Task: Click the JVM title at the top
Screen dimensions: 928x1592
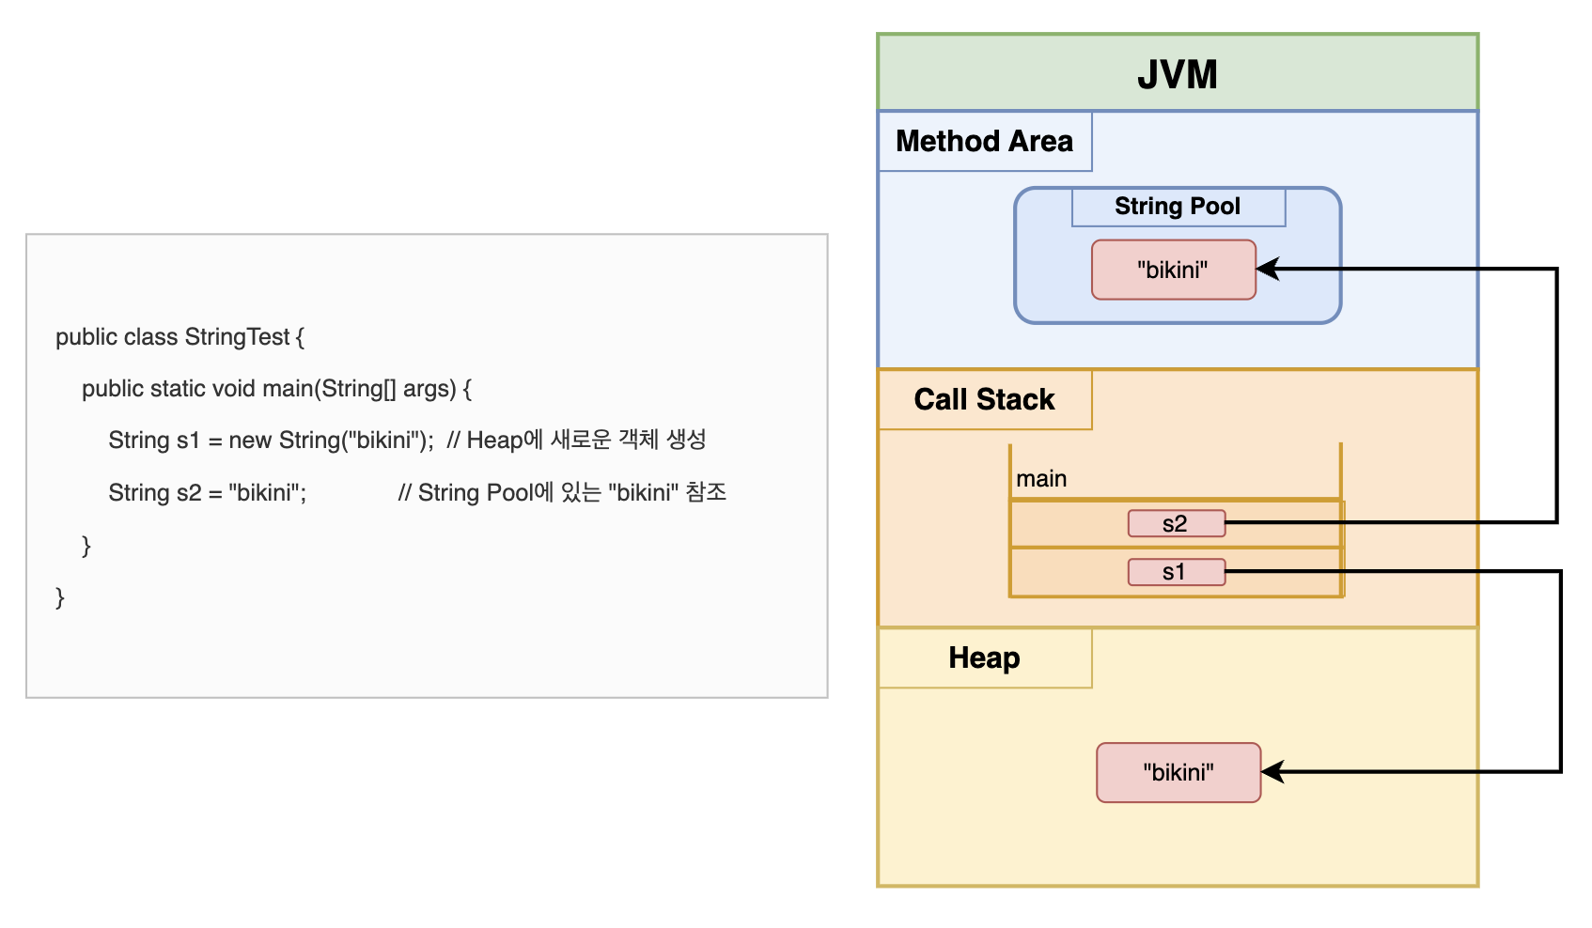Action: (x=1177, y=74)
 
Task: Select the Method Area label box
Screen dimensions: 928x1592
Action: (x=984, y=141)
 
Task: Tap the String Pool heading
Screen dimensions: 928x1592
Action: (x=1177, y=207)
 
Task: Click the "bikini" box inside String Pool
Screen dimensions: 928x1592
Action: (x=1173, y=270)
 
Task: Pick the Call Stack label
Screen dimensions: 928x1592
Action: (x=984, y=399)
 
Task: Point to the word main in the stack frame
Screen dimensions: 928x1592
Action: (x=1040, y=479)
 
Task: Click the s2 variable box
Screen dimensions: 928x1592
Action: (x=1176, y=524)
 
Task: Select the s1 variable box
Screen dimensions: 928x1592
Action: (x=1176, y=572)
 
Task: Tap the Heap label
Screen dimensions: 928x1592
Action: (x=984, y=657)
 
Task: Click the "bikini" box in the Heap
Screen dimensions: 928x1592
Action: (x=1178, y=772)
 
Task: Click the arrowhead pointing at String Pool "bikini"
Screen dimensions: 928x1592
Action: (x=1268, y=270)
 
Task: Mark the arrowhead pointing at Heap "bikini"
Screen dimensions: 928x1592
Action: (x=1272, y=772)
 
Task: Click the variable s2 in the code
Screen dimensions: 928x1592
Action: (x=189, y=493)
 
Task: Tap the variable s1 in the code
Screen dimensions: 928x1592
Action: (x=189, y=441)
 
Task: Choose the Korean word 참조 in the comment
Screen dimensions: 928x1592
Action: (x=706, y=492)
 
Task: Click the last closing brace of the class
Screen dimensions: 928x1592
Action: (x=60, y=597)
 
